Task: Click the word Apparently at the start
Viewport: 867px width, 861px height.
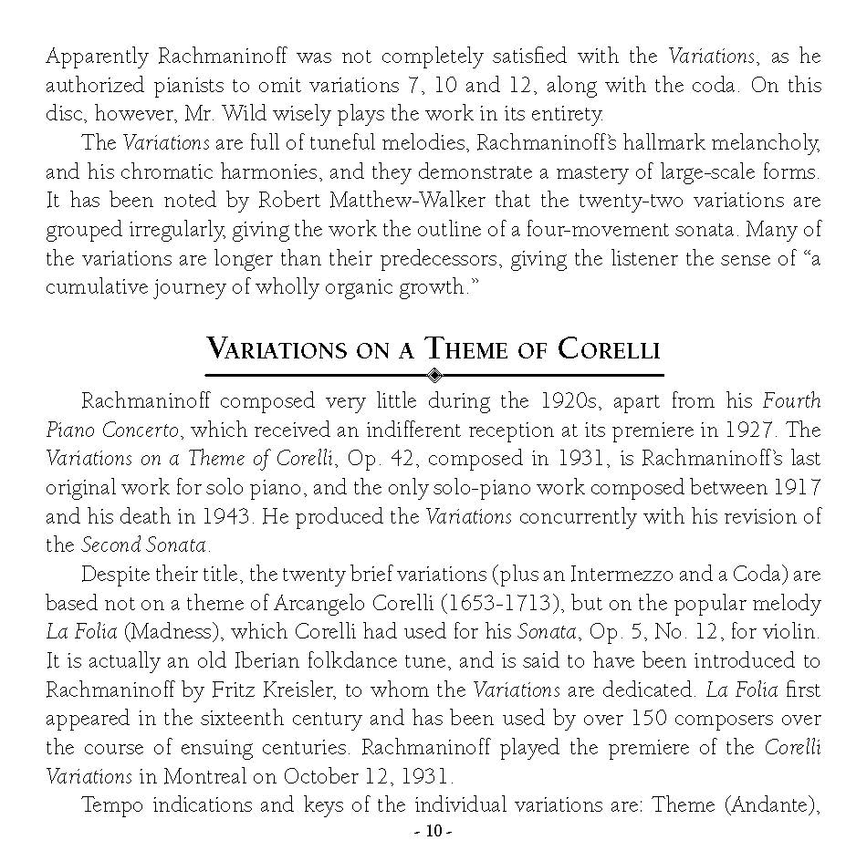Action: click(98, 57)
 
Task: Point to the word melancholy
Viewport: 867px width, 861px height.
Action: click(764, 143)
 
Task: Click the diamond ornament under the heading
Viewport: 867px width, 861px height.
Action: click(434, 374)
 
